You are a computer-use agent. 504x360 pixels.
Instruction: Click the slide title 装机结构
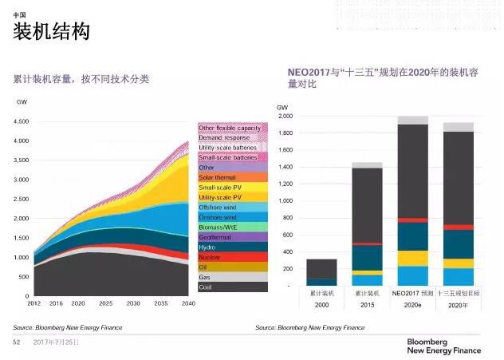(52, 32)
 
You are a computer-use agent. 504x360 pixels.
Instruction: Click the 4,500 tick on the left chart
(22, 122)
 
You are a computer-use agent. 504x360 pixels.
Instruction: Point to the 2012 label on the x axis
(34, 304)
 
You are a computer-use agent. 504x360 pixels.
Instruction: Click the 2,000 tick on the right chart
(285, 116)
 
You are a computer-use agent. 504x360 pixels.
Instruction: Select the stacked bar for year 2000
(321, 272)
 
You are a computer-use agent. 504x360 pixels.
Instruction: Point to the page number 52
(15, 342)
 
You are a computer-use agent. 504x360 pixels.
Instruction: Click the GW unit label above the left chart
(22, 102)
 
